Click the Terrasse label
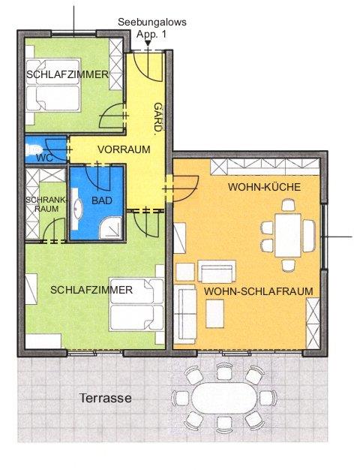pos(106,398)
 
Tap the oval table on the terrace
pos(224,398)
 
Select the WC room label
pos(45,158)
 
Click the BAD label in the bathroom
pos(102,200)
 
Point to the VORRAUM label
pos(124,149)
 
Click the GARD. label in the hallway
pos(158,117)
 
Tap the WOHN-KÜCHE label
pos(264,187)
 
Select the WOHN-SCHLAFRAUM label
pos(259,291)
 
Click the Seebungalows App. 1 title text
pos(151,28)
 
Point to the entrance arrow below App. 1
pos(148,44)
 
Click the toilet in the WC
pos(33,149)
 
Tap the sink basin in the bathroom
pos(79,206)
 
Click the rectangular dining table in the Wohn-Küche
pos(288,235)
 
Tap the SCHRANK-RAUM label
pos(46,204)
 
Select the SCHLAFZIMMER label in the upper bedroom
pos(67,74)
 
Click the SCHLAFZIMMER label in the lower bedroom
pos(91,290)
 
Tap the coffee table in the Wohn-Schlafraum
pos(214,314)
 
